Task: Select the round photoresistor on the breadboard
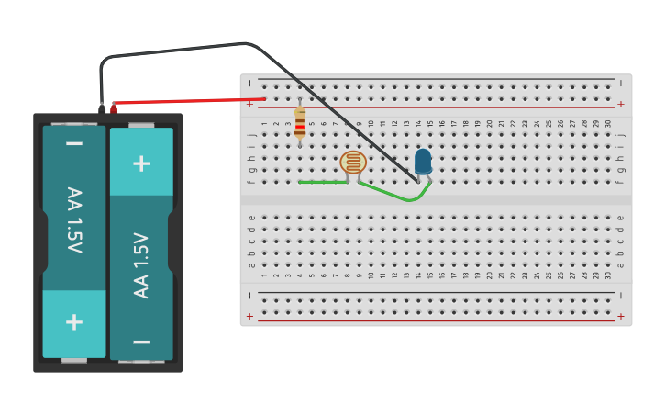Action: pos(353,163)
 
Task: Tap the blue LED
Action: pos(423,162)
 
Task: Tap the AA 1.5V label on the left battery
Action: pos(74,219)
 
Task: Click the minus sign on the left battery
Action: pos(74,144)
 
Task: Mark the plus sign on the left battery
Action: pos(74,321)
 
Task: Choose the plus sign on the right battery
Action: pos(141,163)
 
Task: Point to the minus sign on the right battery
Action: pos(141,341)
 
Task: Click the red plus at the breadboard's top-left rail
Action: pos(249,104)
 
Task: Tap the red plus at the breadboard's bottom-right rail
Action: pos(621,316)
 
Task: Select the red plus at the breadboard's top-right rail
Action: pos(621,104)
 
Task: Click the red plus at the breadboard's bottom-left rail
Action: pos(249,316)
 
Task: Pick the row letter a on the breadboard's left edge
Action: pos(251,265)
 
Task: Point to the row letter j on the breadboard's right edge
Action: pos(621,134)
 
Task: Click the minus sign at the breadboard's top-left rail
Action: pos(249,83)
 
